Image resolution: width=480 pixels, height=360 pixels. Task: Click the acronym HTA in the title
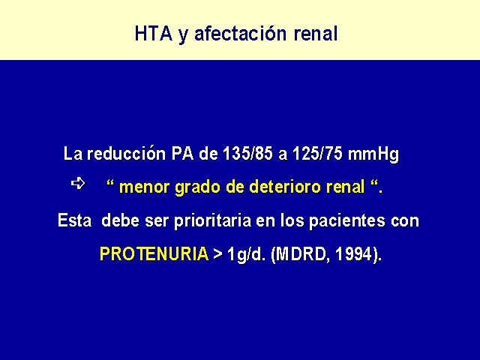(x=154, y=33)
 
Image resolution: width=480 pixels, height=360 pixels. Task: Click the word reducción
(x=126, y=153)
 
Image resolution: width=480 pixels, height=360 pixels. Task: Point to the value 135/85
(x=247, y=153)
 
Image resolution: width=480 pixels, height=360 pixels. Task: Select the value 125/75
(x=317, y=153)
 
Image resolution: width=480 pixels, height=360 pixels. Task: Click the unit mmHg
(x=373, y=154)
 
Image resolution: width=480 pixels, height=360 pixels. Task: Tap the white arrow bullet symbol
(x=78, y=183)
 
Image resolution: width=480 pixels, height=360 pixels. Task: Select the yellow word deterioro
(x=273, y=187)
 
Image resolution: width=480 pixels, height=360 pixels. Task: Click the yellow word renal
(x=346, y=187)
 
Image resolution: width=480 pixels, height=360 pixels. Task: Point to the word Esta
(x=75, y=220)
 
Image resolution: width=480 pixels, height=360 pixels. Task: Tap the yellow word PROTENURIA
(x=154, y=254)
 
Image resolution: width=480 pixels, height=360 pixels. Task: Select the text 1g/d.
(x=246, y=255)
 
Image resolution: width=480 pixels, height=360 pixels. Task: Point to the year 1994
(x=353, y=254)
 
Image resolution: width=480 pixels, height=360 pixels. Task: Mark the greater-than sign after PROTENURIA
(x=218, y=255)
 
